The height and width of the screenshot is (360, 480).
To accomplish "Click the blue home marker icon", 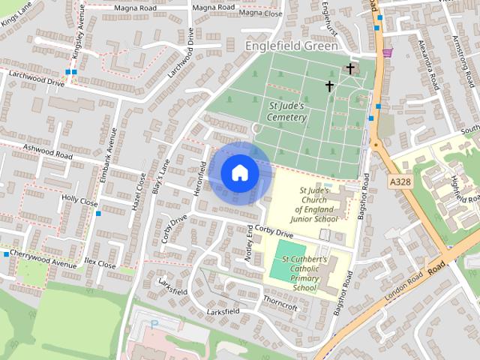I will click(x=238, y=172).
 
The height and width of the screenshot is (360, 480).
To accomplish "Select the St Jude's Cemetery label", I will click(x=287, y=112).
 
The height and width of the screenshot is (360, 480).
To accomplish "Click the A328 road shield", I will click(x=400, y=181).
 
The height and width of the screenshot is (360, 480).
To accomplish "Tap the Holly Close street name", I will click(x=80, y=200).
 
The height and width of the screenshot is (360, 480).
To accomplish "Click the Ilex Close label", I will click(x=100, y=264).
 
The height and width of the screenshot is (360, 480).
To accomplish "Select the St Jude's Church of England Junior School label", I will click(x=319, y=205).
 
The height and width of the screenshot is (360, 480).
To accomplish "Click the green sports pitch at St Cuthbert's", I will click(x=289, y=251).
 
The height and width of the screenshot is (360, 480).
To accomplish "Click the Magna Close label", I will click(x=260, y=13).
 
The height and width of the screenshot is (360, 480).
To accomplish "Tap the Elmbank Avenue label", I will click(x=108, y=156).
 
